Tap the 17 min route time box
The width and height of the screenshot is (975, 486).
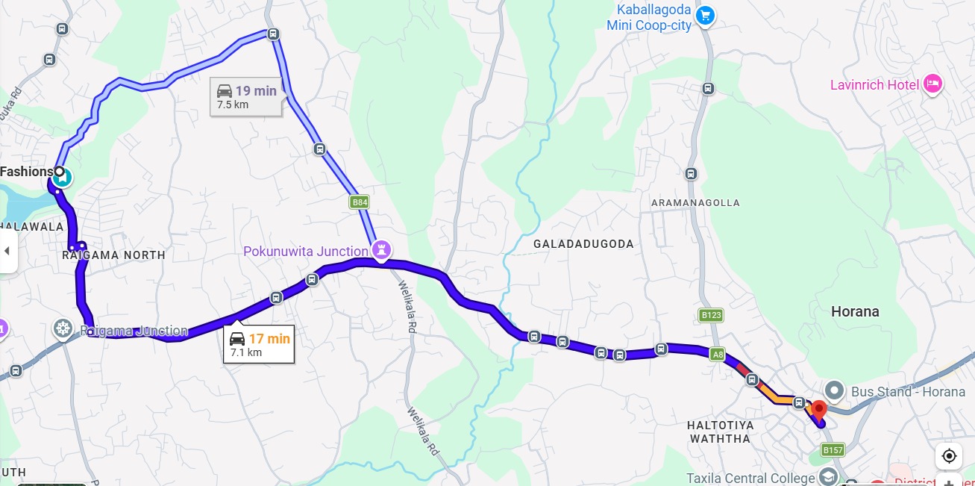(259, 344)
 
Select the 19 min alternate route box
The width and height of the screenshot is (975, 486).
(245, 96)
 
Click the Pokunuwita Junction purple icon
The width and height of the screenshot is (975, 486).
(383, 250)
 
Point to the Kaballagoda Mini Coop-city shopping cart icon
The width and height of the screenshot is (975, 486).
(704, 15)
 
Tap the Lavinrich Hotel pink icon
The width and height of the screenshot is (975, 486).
(932, 84)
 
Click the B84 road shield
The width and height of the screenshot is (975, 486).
(360, 202)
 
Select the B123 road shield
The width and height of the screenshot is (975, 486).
(711, 315)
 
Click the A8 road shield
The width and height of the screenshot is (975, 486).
(718, 355)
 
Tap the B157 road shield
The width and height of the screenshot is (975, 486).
(833, 449)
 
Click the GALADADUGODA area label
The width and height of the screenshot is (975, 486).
(583, 244)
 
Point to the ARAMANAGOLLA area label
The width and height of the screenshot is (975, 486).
(695, 203)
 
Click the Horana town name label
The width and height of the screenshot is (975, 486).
(855, 311)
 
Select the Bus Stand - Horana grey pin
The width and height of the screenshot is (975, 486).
(834, 390)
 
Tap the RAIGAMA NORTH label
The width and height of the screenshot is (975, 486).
(113, 255)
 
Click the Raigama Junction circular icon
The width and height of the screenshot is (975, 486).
(63, 328)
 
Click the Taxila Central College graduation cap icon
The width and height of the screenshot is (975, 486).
(828, 477)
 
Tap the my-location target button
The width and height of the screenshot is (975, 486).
(949, 455)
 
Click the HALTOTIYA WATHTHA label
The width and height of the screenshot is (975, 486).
(720, 432)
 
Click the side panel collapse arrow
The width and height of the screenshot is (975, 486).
(7, 251)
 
